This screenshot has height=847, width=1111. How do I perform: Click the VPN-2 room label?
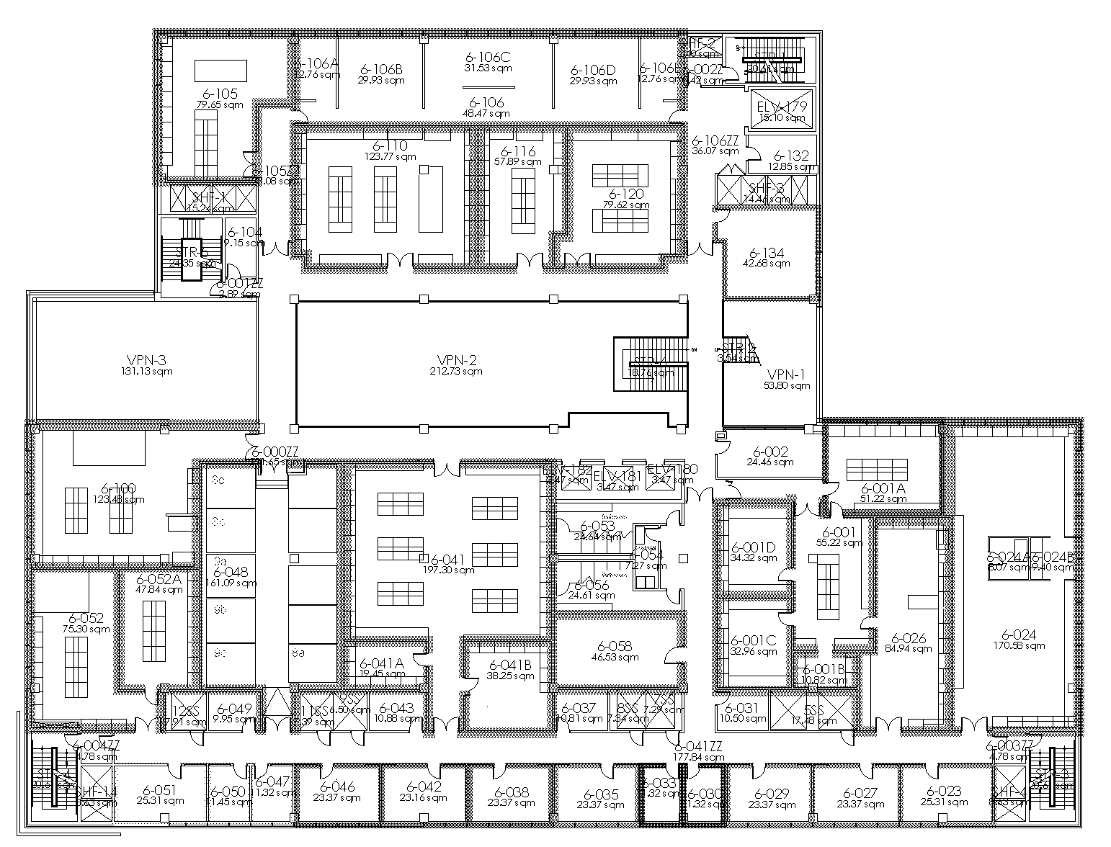click(x=457, y=360)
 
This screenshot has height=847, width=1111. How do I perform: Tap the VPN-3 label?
click(x=147, y=360)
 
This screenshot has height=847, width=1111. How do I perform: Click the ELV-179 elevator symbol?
click(x=781, y=108)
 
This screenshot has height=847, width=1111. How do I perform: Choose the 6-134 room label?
click(x=767, y=253)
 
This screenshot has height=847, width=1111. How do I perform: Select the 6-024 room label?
click(x=1019, y=635)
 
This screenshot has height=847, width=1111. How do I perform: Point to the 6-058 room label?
click(x=615, y=646)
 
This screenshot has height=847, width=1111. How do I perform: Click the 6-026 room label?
click(x=909, y=637)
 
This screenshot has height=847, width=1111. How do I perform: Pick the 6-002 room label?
click(x=770, y=452)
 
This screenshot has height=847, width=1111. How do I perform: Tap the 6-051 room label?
click(x=160, y=789)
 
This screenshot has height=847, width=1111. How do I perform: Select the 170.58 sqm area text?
click(x=1019, y=646)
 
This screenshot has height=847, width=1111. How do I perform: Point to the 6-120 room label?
click(x=626, y=194)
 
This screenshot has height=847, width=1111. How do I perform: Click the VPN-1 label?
click(x=787, y=375)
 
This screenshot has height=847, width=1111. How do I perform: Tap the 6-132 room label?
click(x=791, y=156)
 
